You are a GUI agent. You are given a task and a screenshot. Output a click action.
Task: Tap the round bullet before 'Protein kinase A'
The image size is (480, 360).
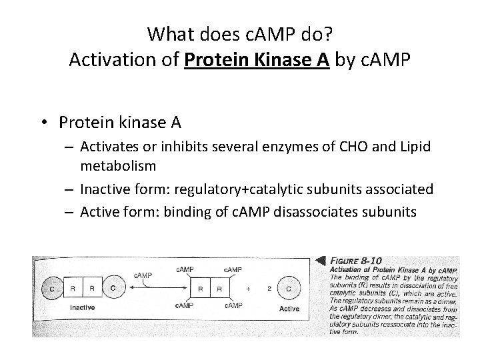coord(46,122)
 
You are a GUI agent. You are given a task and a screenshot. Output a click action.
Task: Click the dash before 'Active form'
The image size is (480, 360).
coord(71,212)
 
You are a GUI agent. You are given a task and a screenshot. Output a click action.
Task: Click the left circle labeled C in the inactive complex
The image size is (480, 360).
coord(53,289)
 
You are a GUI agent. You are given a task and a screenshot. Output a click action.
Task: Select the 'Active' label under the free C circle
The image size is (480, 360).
coord(289,309)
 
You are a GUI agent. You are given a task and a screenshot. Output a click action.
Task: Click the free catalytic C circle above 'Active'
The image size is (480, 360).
coord(288,289)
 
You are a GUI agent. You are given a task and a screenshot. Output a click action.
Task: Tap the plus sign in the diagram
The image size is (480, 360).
coord(248,289)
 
